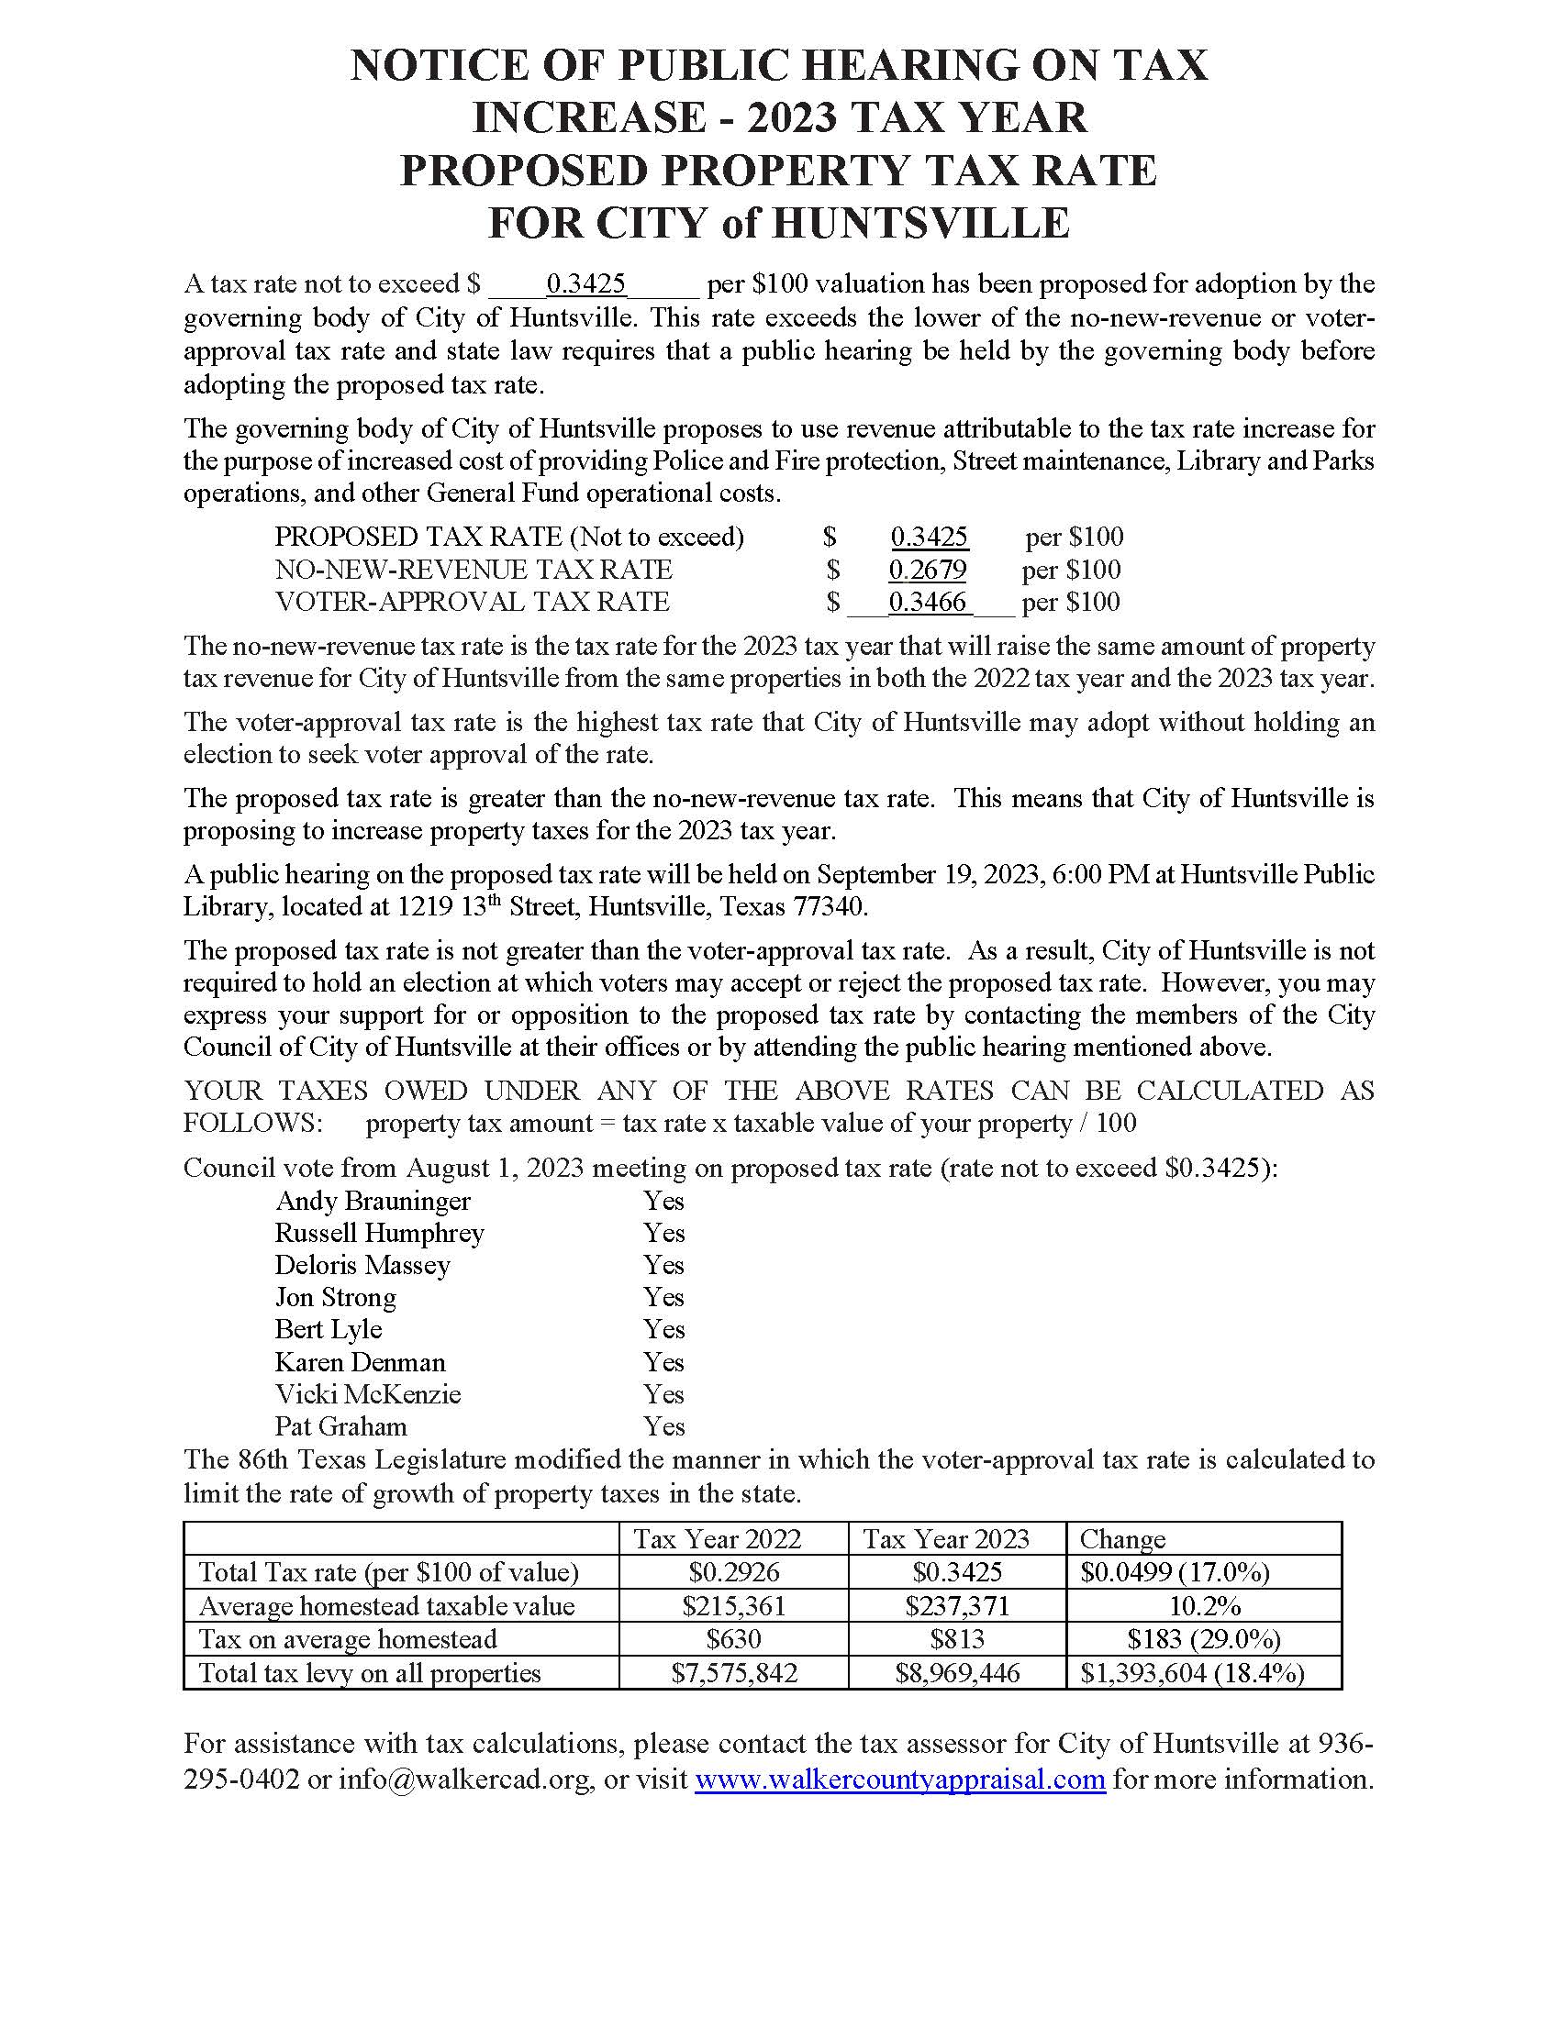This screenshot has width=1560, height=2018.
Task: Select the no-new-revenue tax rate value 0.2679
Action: click(927, 570)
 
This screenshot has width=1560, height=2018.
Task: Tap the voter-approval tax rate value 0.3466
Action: click(927, 603)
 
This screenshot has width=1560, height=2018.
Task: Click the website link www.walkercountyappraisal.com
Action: click(899, 1779)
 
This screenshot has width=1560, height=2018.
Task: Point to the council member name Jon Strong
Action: click(336, 1297)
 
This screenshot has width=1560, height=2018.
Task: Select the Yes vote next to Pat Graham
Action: click(663, 1426)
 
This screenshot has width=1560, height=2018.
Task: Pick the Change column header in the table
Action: click(1122, 1539)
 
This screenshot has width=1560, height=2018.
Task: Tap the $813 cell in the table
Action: click(957, 1639)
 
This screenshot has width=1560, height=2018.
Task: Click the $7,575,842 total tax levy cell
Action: click(734, 1673)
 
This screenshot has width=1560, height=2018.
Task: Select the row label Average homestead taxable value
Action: click(386, 1606)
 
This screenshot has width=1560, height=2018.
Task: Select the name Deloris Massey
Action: click(362, 1265)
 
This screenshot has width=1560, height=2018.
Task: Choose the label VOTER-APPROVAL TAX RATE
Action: click(472, 603)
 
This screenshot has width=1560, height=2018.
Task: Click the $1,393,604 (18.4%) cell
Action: click(1192, 1673)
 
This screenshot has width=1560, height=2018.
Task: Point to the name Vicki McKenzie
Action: click(368, 1394)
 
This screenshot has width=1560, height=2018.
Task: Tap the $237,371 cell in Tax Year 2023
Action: click(957, 1606)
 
